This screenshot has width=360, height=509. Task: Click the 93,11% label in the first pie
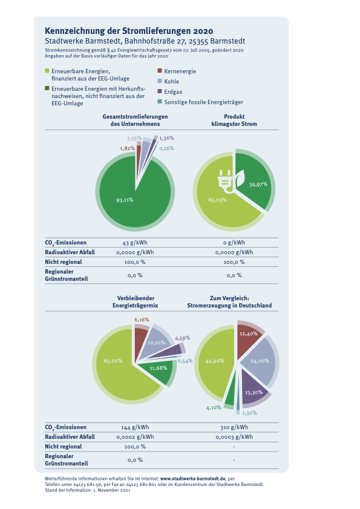(x=125, y=200)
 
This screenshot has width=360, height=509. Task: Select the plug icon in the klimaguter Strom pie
(x=225, y=182)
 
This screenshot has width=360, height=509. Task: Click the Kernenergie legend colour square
(x=159, y=70)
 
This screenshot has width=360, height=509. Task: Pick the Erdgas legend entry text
(x=173, y=92)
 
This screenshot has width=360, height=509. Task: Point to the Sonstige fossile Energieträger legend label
(x=203, y=102)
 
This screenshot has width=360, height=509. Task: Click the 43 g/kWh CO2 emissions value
(x=135, y=243)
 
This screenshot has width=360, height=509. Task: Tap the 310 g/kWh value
(x=234, y=427)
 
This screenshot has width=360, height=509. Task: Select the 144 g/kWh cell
(x=135, y=427)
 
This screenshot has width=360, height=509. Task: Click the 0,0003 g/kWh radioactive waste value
(x=234, y=437)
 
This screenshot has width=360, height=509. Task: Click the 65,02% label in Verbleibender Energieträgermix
(x=113, y=361)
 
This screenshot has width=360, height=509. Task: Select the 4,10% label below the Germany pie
(x=214, y=408)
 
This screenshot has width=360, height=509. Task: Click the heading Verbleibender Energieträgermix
(x=136, y=301)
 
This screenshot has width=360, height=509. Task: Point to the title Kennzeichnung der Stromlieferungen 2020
(x=129, y=31)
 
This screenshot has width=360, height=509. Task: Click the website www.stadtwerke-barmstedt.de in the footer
(x=193, y=479)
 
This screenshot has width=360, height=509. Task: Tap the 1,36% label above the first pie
(x=166, y=138)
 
